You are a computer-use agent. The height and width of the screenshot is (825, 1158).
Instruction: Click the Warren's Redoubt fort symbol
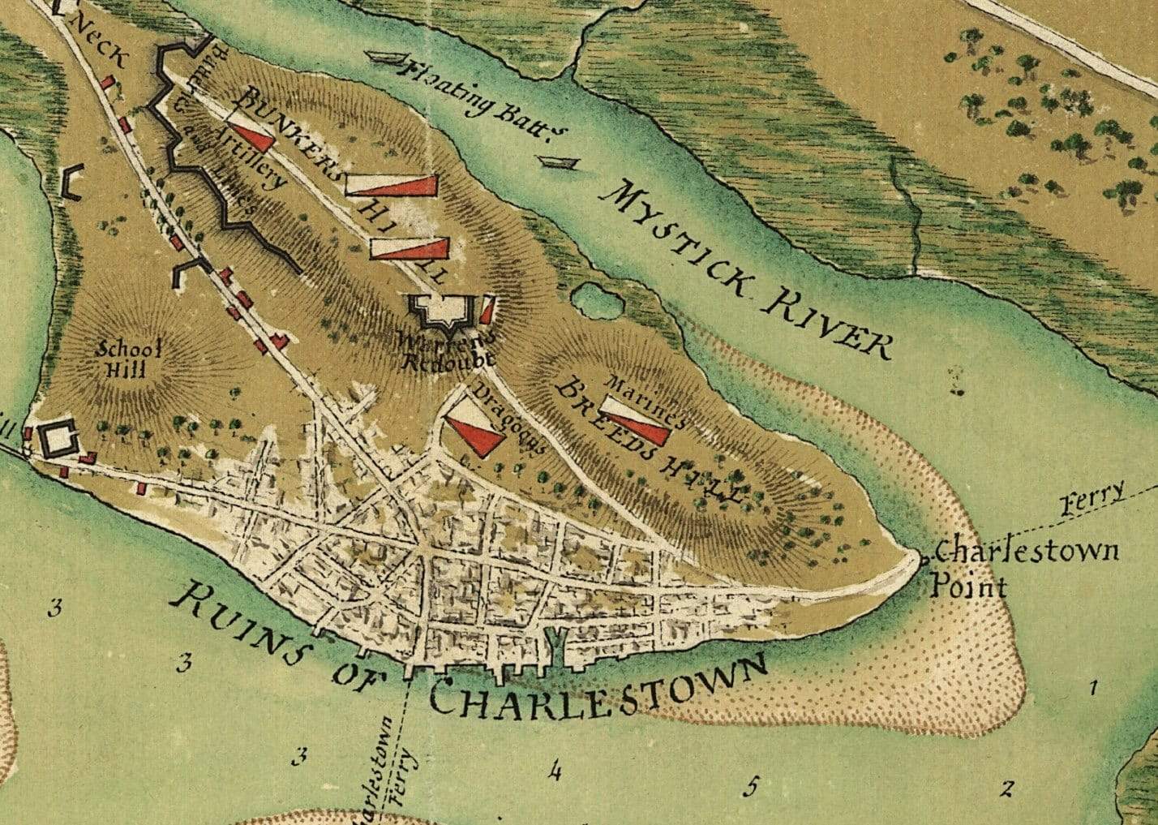[443, 312]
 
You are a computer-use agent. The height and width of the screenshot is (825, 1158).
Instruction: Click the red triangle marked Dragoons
[474, 433]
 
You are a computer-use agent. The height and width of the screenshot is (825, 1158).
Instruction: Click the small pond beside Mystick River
[598, 302]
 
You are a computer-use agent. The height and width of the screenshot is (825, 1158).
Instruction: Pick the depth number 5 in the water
[752, 786]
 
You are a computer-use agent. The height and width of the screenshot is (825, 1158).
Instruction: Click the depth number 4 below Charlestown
[555, 770]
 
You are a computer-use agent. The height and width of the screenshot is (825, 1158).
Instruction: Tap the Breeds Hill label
[649, 442]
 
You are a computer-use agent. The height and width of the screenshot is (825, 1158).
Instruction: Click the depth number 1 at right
[1093, 689]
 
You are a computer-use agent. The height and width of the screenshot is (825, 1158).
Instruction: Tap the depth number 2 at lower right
[1007, 788]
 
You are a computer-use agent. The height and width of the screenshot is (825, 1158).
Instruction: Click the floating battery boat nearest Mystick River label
[560, 163]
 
